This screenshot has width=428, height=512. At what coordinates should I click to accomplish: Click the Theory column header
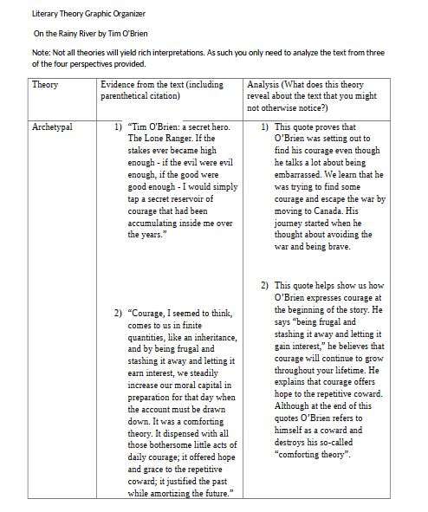[44, 85]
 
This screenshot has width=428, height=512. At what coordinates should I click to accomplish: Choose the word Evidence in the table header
[120, 85]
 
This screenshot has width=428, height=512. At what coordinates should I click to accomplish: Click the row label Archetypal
[52, 127]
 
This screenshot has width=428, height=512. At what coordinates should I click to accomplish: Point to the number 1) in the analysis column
[265, 127]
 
